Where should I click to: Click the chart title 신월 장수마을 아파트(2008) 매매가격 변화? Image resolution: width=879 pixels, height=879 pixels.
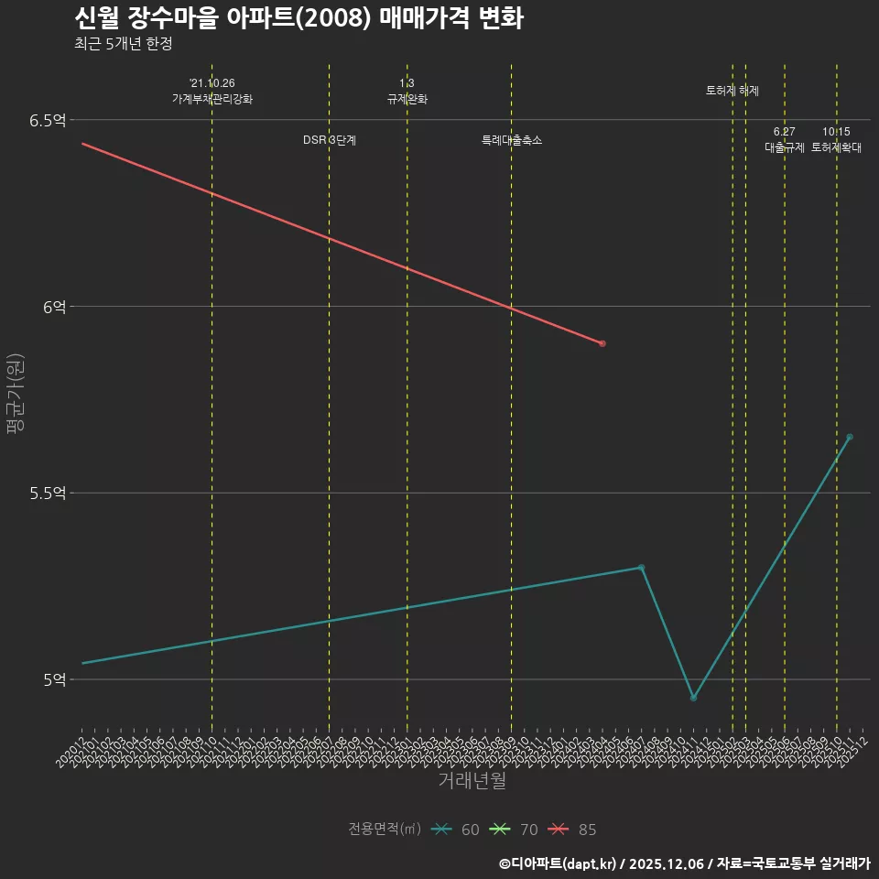(298, 18)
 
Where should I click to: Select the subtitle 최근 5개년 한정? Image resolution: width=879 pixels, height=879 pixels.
(123, 44)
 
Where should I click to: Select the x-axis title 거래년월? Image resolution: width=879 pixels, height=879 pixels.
(472, 780)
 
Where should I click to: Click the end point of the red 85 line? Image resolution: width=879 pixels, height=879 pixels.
(602, 343)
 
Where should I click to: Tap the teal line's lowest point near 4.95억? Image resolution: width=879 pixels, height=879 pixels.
(693, 698)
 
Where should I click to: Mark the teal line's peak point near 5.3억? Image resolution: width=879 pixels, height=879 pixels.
(641, 568)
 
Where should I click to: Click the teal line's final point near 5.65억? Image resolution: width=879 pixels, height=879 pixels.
(850, 437)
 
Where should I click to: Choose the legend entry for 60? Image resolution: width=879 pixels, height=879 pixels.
(457, 830)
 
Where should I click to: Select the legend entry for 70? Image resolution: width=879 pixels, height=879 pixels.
(515, 830)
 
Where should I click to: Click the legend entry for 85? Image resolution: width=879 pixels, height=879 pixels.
(573, 830)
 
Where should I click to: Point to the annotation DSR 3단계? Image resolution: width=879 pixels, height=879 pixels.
(330, 140)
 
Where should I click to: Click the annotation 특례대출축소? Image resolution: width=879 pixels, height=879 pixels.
(512, 140)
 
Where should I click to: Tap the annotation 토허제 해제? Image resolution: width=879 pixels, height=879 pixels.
(732, 91)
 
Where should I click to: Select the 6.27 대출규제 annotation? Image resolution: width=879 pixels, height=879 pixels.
(785, 140)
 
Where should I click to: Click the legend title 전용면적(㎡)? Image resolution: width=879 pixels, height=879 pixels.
(385, 830)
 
